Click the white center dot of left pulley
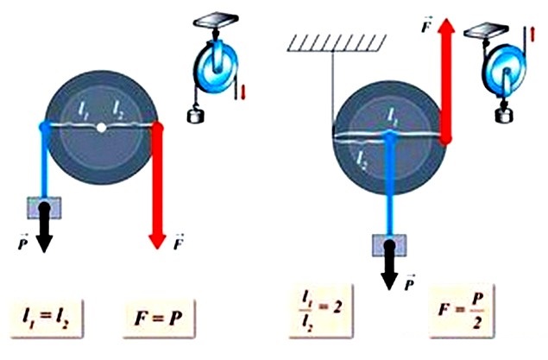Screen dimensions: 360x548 (x=102, y=128)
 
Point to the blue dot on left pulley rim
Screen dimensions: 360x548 (x=46, y=128)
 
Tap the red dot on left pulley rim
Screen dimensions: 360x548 (x=158, y=128)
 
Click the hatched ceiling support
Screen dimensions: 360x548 (x=333, y=41)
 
